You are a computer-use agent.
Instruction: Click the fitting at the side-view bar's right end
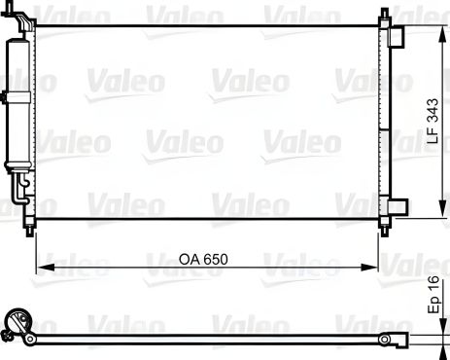click(x=395, y=340)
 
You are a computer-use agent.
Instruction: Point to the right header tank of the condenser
click(x=386, y=122)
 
